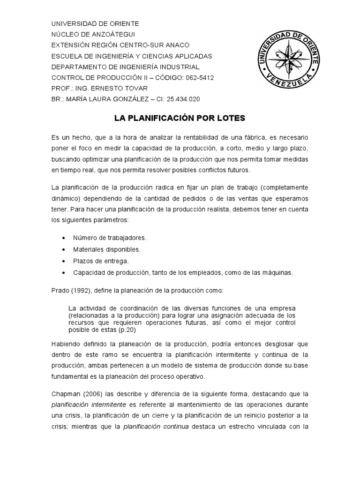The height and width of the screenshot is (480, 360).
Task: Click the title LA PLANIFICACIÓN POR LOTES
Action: [x=180, y=118]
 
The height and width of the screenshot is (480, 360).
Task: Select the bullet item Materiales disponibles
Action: [x=106, y=249]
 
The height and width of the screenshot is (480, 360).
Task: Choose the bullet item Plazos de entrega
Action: [x=101, y=261]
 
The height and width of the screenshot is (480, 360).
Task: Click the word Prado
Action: [x=60, y=291]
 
